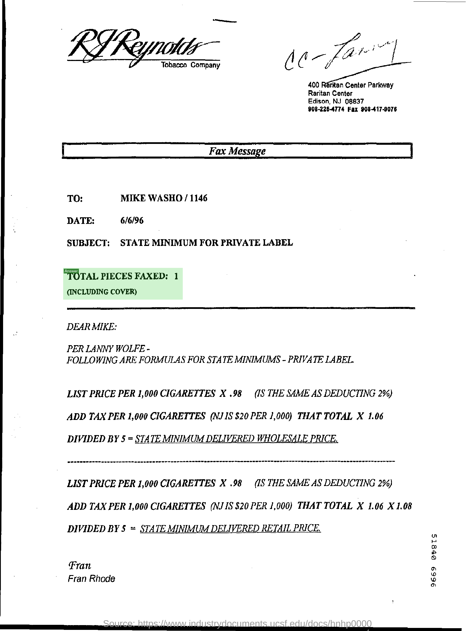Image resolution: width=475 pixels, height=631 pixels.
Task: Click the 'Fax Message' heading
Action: [x=237, y=151]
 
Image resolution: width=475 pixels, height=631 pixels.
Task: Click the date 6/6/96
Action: [x=132, y=220]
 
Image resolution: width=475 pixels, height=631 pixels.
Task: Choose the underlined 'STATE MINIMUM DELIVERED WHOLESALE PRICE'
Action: [x=236, y=438]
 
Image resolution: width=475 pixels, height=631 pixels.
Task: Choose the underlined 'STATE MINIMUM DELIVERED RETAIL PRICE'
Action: [x=230, y=528]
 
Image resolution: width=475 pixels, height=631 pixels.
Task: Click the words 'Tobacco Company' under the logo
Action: [x=191, y=65]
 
